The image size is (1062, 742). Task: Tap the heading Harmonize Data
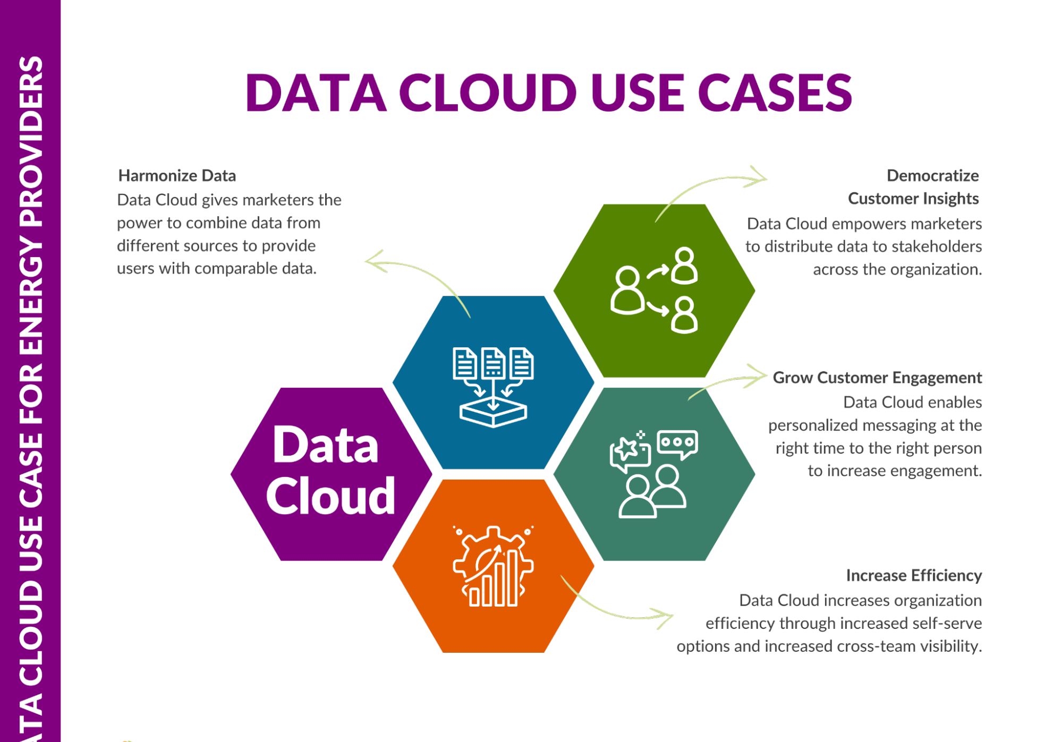pyautogui.click(x=177, y=175)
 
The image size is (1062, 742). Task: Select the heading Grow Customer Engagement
pyautogui.click(x=877, y=378)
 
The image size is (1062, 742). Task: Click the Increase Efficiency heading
pyautogui.click(x=914, y=575)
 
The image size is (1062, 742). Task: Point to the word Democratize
pyautogui.click(x=932, y=175)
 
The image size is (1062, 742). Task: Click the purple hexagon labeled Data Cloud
pyautogui.click(x=331, y=474)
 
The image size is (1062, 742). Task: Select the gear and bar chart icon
pyautogui.click(x=493, y=566)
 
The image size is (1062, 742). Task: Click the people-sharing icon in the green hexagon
pyautogui.click(x=654, y=290)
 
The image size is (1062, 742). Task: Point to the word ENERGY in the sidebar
pyautogui.click(x=31, y=297)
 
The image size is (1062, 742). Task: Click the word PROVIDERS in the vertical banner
pyautogui.click(x=31, y=142)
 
